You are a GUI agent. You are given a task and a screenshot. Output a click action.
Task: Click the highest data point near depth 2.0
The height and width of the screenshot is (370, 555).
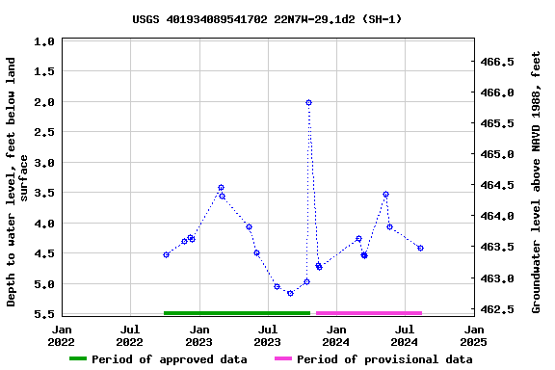tap(308, 102)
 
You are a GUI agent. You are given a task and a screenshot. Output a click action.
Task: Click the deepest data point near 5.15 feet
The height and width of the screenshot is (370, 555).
tap(290, 293)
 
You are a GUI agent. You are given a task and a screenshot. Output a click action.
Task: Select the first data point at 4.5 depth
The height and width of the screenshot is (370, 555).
tap(166, 254)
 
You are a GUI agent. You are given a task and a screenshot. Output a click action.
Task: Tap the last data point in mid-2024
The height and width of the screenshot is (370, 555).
tap(420, 248)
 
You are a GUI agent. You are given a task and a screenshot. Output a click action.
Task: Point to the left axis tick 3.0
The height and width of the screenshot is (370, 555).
tap(43, 163)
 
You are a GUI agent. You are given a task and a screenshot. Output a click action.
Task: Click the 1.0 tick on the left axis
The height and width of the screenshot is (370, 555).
tap(43, 41)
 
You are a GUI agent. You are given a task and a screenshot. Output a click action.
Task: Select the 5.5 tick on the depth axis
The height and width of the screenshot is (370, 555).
tap(43, 314)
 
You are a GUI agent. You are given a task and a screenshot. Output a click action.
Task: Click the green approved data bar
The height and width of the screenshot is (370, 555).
tap(236, 312)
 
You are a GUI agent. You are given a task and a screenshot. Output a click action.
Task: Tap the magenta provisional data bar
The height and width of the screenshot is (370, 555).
tap(369, 312)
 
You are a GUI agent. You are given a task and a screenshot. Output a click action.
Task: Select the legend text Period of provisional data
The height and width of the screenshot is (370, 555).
tap(384, 359)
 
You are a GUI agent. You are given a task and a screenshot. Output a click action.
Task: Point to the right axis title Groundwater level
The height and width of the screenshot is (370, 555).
tap(537, 181)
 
